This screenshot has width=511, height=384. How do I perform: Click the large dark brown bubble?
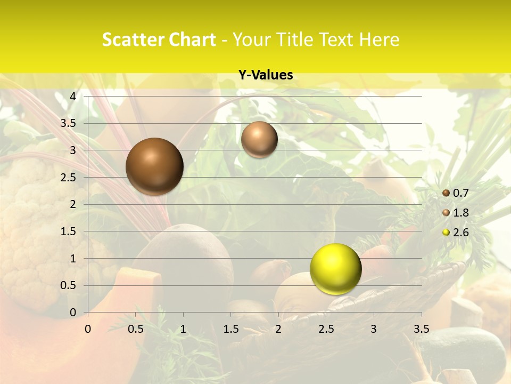pos(155,166)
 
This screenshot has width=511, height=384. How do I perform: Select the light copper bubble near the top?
pos(259,139)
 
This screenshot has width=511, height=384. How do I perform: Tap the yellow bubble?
pos(335,269)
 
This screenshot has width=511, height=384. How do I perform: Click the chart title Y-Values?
pos(266,75)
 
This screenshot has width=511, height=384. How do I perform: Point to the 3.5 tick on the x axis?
pos(422,329)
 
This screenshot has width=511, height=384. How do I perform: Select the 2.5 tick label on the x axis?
pos(326,329)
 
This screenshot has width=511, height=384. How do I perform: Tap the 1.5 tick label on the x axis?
pos(230,329)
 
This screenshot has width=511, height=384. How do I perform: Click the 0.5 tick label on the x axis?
pos(136,329)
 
